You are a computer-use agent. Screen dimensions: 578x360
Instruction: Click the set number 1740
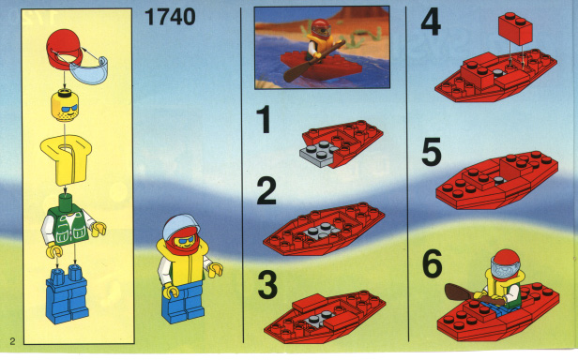tap(170, 17)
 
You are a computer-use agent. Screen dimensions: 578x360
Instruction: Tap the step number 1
tap(264, 119)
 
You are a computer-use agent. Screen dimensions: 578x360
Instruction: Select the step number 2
tap(266, 190)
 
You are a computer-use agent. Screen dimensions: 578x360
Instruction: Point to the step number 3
tap(267, 285)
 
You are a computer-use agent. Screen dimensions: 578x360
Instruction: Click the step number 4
tap(431, 22)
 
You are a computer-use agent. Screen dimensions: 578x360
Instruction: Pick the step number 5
tap(432, 152)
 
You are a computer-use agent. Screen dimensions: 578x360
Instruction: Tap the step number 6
tap(432, 263)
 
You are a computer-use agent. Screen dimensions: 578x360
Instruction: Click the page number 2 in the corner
tap(12, 341)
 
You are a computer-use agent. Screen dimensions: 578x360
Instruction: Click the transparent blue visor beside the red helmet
tap(89, 71)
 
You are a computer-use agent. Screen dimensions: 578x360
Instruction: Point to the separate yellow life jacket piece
tap(67, 160)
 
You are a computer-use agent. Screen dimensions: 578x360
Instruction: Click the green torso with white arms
tap(70, 226)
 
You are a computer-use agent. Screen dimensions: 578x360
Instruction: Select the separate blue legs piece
tap(68, 294)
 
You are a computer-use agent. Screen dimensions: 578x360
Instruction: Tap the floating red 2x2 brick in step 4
tap(515, 28)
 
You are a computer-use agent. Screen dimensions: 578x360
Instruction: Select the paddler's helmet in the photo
tap(321, 27)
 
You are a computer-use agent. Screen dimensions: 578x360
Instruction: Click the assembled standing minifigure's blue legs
tap(183, 303)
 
